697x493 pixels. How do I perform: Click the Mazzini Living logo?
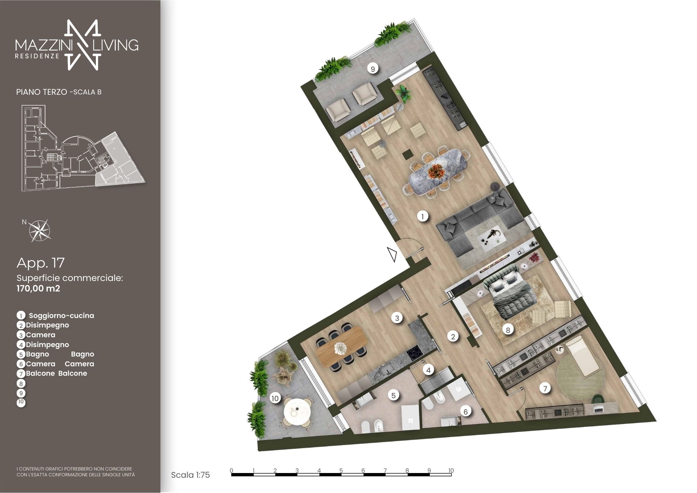pos(77,45)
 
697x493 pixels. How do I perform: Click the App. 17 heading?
pos(41,263)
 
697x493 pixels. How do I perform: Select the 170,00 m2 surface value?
pos(38,289)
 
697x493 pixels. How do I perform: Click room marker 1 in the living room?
pos(423,217)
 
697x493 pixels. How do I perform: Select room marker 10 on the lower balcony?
pos(275,398)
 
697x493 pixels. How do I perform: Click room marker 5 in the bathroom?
pos(394,395)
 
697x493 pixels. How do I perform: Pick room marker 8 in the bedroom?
pos(508,330)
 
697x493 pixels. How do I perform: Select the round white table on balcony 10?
pos(297,411)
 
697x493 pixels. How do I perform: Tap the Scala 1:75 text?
pos(190,475)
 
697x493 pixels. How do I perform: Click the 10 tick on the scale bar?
pos(451,470)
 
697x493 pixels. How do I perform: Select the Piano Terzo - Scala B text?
pos(59,92)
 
